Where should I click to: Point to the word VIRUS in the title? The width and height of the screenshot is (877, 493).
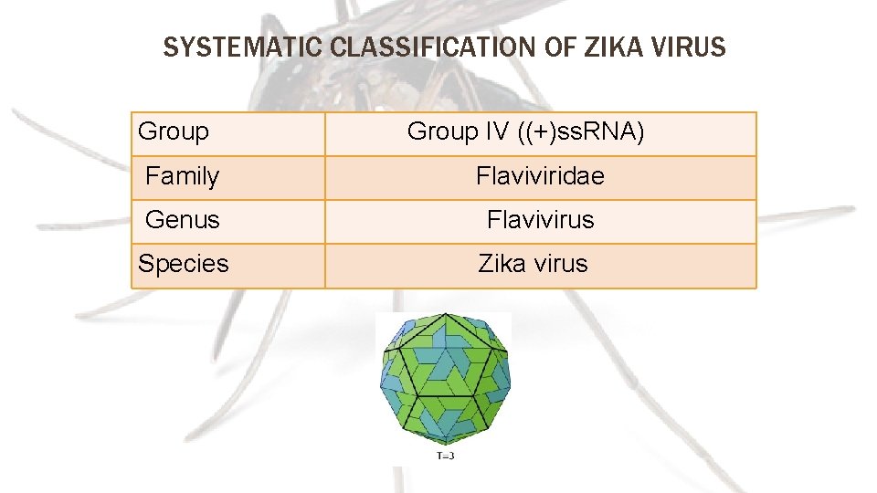click(685, 47)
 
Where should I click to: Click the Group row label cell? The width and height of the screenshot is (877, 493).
click(174, 131)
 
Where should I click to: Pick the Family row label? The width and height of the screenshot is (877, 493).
click(183, 175)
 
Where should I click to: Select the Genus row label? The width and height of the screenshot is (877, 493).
click(183, 219)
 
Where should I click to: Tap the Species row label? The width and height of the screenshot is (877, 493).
click(184, 264)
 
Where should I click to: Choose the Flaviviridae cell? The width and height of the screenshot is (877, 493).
click(540, 175)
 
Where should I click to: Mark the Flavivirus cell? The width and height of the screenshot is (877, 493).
click(540, 219)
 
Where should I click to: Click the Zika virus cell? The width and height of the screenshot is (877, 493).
click(533, 264)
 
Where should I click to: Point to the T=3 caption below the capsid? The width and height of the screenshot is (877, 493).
click(443, 455)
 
